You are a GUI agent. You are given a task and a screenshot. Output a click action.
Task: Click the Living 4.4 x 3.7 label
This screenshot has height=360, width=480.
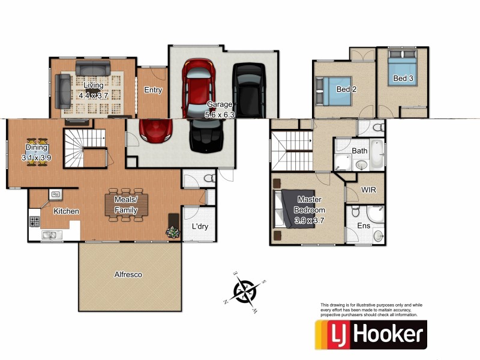point(93,89)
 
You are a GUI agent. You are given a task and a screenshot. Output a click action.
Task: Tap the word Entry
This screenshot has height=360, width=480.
point(153,90)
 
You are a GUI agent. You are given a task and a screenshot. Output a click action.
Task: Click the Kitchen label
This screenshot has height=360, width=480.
point(66,211)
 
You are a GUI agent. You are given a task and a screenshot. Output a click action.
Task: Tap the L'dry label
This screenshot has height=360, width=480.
point(200,227)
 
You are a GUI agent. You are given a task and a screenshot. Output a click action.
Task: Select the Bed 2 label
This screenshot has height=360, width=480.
point(343,89)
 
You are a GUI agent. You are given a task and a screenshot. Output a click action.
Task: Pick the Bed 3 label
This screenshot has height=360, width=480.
point(403,79)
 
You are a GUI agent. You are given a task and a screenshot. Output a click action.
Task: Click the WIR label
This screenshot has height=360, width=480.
point(368,190)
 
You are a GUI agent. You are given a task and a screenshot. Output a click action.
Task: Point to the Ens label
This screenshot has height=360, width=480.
point(364,226)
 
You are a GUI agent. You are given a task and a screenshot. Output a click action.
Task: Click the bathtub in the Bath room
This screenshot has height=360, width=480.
point(377,153)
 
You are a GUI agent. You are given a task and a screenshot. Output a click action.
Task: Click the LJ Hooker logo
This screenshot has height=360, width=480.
point(371,334)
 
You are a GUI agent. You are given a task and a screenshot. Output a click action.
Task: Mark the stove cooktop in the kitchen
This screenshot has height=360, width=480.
point(34,221)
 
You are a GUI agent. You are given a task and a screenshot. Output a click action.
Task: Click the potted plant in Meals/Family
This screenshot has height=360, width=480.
point(173,232)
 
